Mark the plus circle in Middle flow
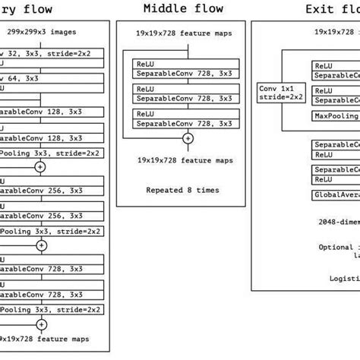coord(187,138)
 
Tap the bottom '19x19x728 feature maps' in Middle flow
coord(185,160)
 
